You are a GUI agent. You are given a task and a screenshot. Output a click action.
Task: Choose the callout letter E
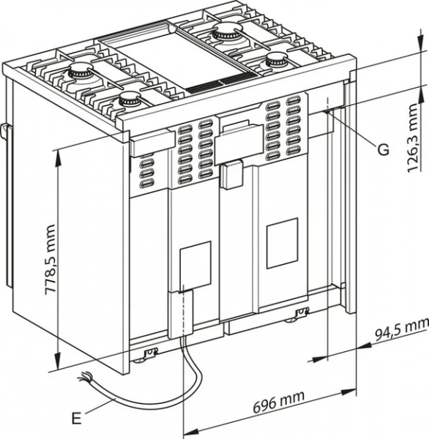[x=76, y=419]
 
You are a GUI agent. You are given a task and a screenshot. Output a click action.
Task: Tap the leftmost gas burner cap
[x=77, y=72]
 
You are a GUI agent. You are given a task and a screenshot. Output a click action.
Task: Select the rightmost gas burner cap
[x=277, y=61]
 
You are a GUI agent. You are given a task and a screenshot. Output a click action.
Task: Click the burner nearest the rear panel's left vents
[x=132, y=100]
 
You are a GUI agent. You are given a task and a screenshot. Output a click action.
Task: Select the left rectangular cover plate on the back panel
[x=195, y=265]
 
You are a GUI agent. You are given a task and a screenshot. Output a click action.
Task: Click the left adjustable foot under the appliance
[x=149, y=355]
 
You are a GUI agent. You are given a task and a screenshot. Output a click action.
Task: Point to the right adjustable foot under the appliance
[x=300, y=315]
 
